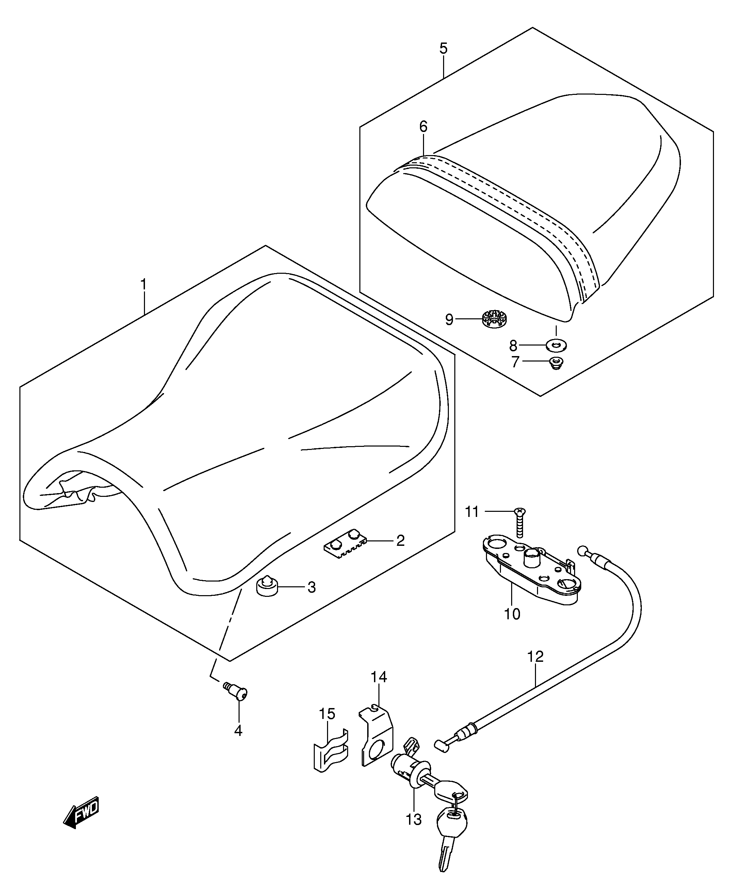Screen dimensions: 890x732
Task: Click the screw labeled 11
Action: (x=520, y=522)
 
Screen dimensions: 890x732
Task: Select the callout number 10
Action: (x=512, y=614)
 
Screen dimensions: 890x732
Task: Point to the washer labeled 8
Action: (x=556, y=346)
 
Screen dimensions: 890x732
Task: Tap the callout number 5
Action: (x=443, y=48)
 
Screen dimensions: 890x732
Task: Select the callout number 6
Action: (x=423, y=127)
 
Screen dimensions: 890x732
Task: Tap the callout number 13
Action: (x=414, y=831)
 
